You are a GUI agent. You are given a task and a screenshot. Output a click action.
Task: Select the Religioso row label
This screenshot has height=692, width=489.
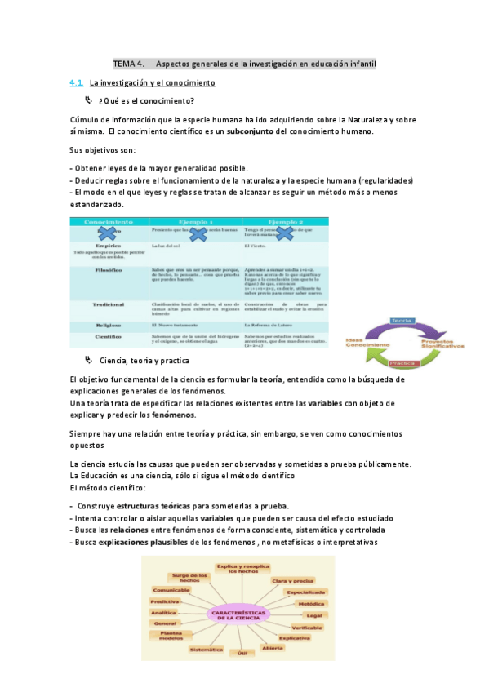tap(109, 324)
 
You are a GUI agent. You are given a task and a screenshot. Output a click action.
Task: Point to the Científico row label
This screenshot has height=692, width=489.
tap(109, 335)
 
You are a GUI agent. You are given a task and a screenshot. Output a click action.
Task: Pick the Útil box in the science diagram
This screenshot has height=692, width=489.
tap(242, 654)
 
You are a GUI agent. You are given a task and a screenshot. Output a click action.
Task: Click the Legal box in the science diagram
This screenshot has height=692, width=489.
tap(314, 614)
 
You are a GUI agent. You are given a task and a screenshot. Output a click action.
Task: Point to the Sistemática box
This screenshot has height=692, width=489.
tap(205, 650)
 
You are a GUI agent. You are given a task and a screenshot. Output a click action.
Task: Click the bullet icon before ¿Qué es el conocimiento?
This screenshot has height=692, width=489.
tap(89, 100)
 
